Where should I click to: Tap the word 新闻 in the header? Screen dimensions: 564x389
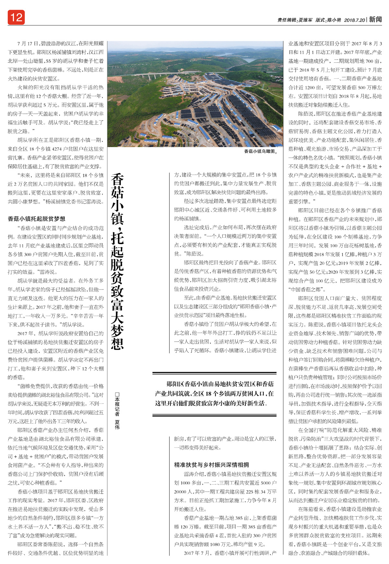(x=375, y=19)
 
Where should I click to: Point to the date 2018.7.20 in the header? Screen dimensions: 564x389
(x=354, y=20)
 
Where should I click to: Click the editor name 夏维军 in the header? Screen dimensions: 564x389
(x=305, y=20)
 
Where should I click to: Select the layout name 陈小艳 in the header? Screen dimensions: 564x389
(x=334, y=20)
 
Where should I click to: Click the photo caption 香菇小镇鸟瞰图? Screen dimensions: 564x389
(x=261, y=151)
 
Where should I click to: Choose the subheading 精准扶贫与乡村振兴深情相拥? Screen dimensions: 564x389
(x=211, y=465)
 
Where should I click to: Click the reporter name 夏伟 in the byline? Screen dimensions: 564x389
(x=117, y=425)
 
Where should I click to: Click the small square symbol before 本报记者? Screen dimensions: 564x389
(x=117, y=395)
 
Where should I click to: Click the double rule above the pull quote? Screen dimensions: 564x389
(x=214, y=374)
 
